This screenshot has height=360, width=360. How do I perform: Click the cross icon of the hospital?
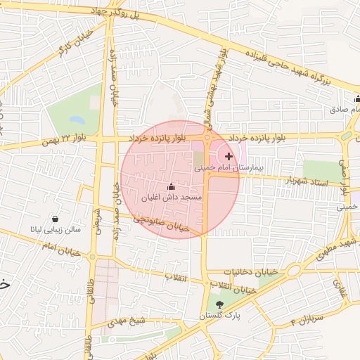click(x=229, y=155)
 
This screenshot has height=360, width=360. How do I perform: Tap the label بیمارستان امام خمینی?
click(x=228, y=169)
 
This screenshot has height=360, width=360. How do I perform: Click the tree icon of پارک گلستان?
click(x=220, y=304)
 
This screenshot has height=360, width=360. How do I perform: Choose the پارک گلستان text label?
click(x=219, y=316)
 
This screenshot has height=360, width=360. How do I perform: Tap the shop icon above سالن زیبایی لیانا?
click(x=54, y=218)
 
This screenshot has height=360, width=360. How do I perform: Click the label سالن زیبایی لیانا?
click(x=55, y=229)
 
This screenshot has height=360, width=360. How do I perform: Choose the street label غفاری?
click(x=341, y=288)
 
